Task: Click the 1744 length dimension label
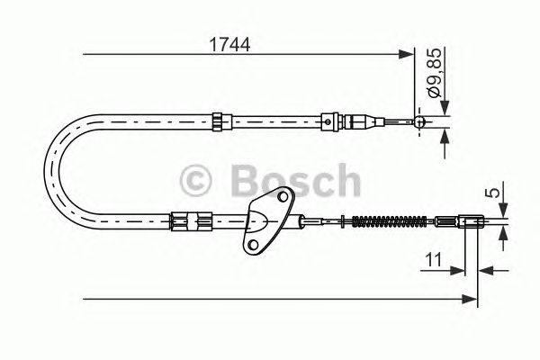(x=229, y=45)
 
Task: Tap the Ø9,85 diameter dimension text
(x=435, y=73)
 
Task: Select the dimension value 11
(x=434, y=260)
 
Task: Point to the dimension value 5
(x=494, y=193)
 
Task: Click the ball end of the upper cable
(x=419, y=121)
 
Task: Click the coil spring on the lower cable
(x=389, y=221)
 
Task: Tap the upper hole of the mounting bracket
(x=283, y=197)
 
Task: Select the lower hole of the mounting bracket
(x=253, y=245)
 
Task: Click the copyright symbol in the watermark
(x=195, y=181)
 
